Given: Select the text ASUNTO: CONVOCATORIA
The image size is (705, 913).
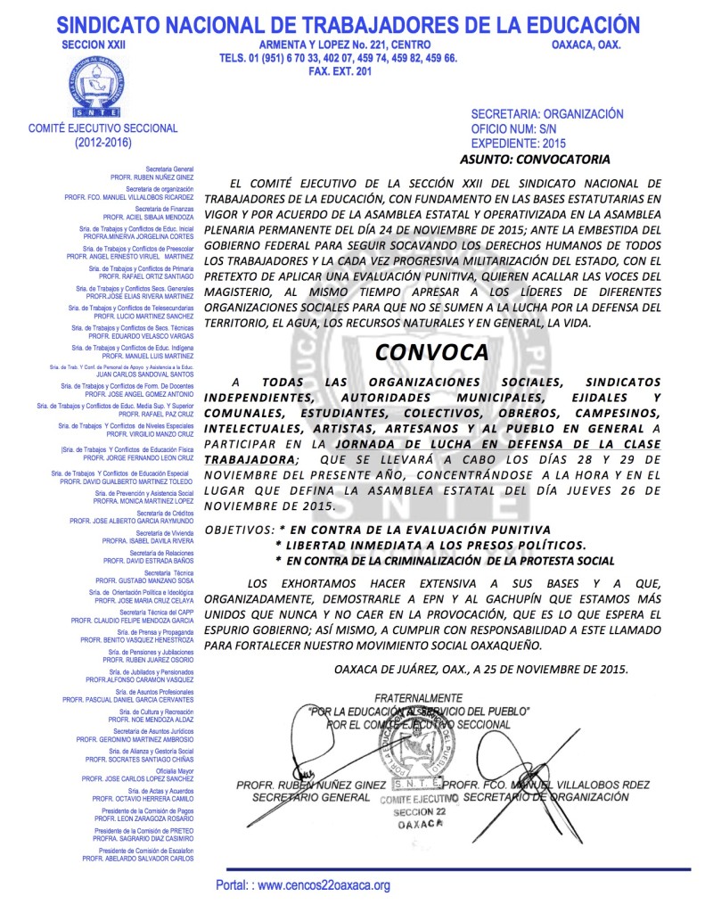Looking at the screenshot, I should click(x=535, y=159).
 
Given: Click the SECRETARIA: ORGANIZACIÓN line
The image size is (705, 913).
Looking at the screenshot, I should click(x=546, y=114).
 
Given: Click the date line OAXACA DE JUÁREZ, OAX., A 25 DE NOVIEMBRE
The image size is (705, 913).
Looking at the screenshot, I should click(x=481, y=668).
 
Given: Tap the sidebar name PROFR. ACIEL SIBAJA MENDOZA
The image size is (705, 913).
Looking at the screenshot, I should click(x=148, y=217).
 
